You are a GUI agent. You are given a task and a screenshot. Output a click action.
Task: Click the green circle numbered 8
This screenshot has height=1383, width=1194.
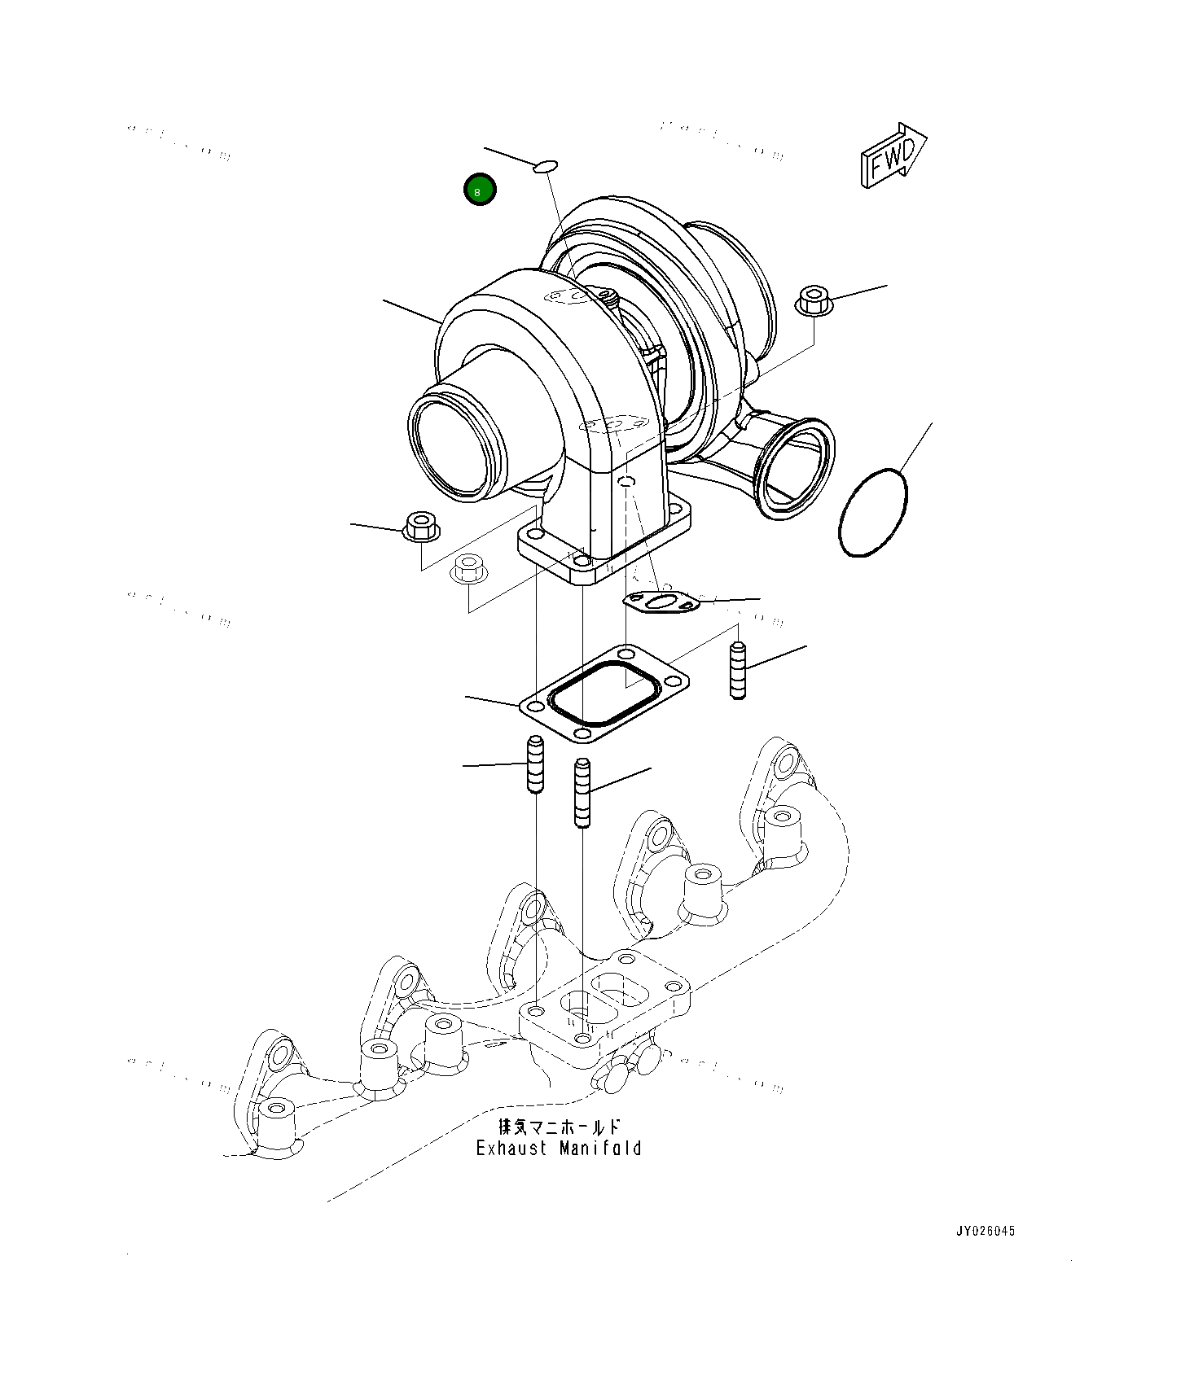click(480, 190)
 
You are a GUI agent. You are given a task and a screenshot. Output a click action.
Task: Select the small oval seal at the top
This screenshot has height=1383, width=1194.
click(545, 167)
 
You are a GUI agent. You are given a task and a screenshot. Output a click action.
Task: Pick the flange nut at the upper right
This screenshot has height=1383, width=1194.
click(813, 301)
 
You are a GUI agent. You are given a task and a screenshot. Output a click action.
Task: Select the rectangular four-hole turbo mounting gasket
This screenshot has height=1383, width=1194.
click(604, 693)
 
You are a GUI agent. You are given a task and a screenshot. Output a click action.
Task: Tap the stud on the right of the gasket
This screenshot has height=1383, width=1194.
click(738, 670)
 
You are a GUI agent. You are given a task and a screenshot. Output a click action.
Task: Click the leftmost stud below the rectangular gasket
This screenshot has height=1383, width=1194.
click(535, 764)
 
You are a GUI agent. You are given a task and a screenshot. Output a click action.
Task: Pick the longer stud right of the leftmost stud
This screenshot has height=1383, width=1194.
click(582, 792)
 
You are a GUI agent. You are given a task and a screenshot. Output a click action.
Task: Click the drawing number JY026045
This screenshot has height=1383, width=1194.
click(985, 1231)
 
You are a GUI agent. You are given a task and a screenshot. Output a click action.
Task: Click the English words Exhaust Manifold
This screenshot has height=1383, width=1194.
click(559, 1149)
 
